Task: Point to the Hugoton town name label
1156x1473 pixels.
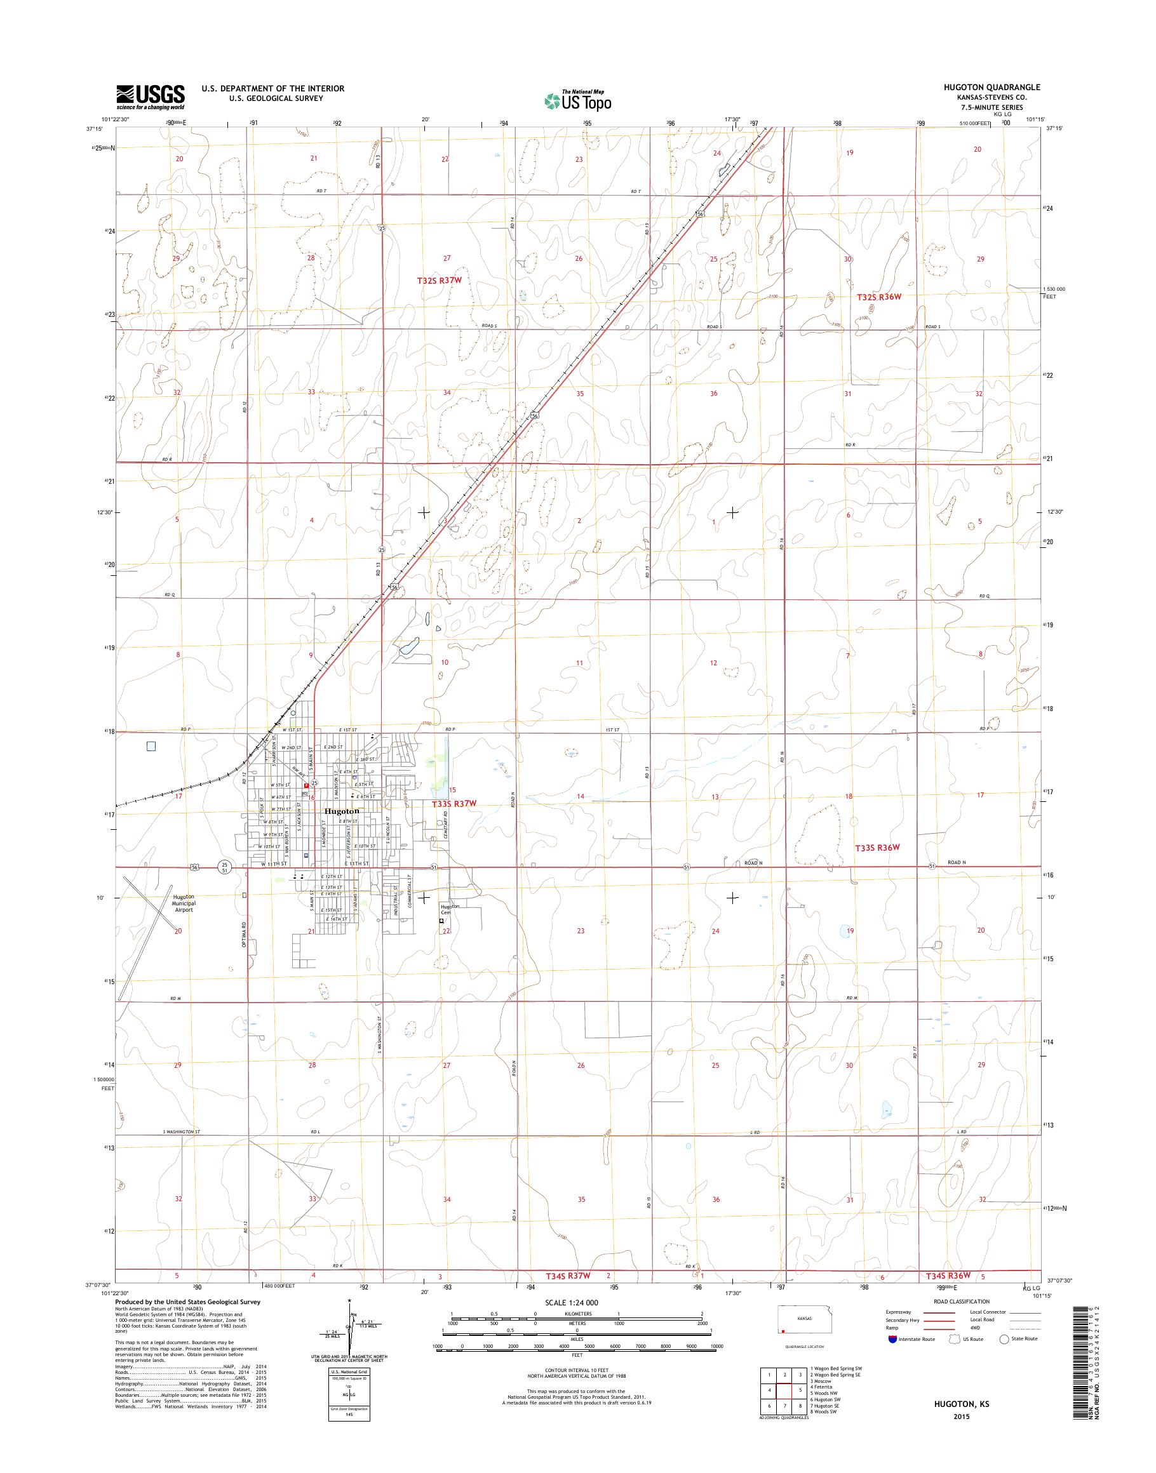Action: point(342,811)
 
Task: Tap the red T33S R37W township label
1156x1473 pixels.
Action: point(454,803)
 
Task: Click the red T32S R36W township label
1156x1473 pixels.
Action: point(879,297)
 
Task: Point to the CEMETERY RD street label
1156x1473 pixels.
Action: point(447,825)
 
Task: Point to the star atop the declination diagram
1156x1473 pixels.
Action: point(349,1300)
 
